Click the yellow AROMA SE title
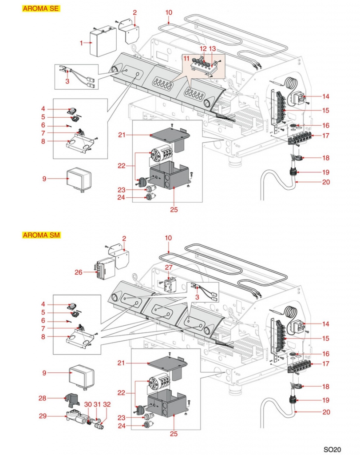pyautogui.click(x=41, y=8)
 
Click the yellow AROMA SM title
pyautogui.click(x=41, y=235)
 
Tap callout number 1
pyautogui.click(x=82, y=43)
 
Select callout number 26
pyautogui.click(x=79, y=272)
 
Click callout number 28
pyautogui.click(x=42, y=398)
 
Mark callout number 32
pyautogui.click(x=107, y=404)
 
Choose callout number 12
pyautogui.click(x=203, y=48)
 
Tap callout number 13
pyautogui.click(x=212, y=48)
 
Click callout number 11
pyautogui.click(x=186, y=58)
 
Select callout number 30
pyautogui.click(x=88, y=404)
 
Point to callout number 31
pyautogui.click(x=97, y=404)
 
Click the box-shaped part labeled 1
pyautogui.click(x=103, y=41)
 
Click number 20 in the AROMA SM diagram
pyautogui.click(x=326, y=412)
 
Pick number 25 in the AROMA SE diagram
pyautogui.click(x=174, y=209)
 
